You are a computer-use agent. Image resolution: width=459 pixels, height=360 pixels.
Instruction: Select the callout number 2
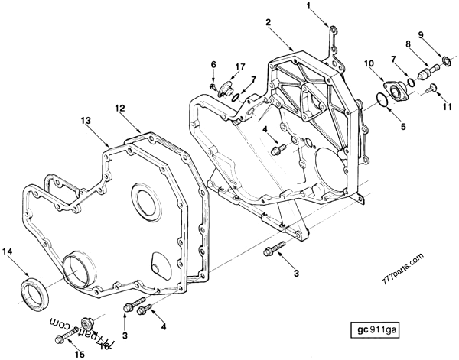[268, 23]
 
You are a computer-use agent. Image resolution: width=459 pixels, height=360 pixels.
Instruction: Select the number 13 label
[86, 121]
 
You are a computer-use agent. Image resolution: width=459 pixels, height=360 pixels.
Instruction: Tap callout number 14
[7, 250]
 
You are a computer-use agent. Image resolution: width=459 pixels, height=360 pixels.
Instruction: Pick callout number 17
[239, 66]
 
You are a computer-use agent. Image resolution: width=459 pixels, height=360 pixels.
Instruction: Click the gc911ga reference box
[376, 331]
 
